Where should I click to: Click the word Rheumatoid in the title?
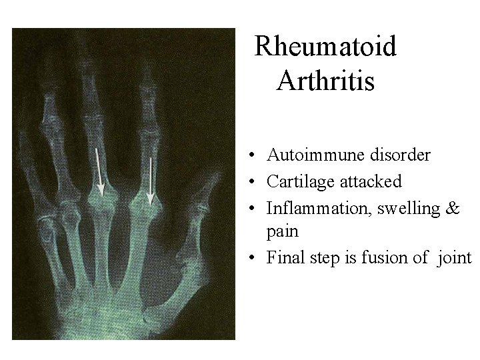(325, 47)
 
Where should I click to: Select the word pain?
(282, 231)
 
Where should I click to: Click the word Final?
(285, 257)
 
